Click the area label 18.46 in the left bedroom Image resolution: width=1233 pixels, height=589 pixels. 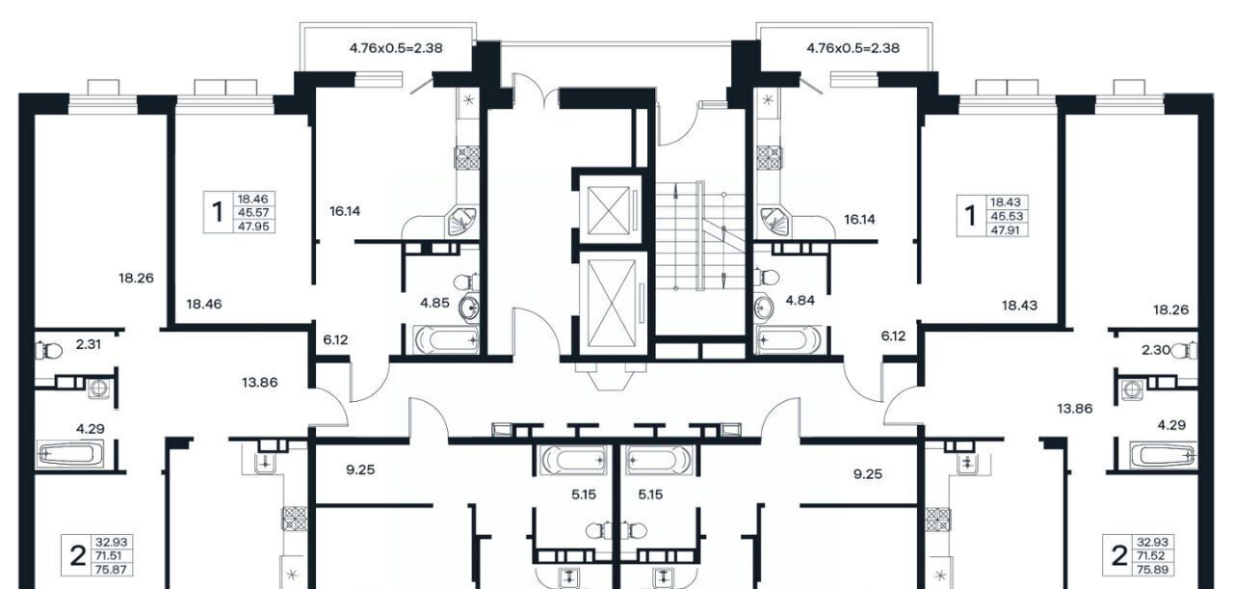[x=203, y=304]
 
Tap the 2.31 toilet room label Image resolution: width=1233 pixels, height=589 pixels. [x=88, y=344]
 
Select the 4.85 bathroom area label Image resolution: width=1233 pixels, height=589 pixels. [x=434, y=303]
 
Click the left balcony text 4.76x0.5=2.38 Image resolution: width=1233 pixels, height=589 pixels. [x=396, y=48]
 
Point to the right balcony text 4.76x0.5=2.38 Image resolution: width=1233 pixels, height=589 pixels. [x=853, y=48]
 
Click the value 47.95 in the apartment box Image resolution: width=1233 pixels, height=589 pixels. [x=253, y=226]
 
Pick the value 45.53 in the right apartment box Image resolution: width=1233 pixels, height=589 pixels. [x=1007, y=216]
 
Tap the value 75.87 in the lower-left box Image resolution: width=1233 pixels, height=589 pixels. [x=111, y=569]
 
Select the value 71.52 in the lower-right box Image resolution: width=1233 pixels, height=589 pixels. [x=1152, y=555]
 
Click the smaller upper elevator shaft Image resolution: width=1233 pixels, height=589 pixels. [x=608, y=210]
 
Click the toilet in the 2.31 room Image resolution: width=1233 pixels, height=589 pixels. [x=48, y=350]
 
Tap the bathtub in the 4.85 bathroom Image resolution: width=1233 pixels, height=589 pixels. [x=446, y=340]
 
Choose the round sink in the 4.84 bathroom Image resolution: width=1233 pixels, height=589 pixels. [x=764, y=306]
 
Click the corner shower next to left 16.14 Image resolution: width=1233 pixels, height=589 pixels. [x=461, y=221]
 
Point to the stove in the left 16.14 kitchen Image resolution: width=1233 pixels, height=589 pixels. [x=466, y=157]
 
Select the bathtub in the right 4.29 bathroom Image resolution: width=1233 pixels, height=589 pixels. [x=1163, y=455]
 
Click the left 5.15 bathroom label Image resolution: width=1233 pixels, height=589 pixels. [x=584, y=495]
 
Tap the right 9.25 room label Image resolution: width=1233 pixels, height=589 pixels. [x=868, y=473]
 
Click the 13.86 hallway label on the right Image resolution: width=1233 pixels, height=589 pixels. [x=1074, y=409]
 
